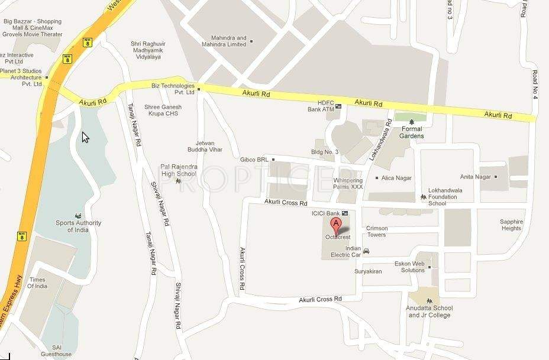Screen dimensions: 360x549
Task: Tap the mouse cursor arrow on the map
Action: coord(85,137)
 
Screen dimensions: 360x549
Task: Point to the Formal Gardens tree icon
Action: coord(411,122)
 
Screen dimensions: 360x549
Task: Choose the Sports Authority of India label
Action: coord(78,226)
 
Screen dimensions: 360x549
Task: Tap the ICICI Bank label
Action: coord(325,213)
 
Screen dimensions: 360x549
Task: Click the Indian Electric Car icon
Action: coord(366,251)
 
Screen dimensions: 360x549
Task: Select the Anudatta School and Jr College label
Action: coord(430,312)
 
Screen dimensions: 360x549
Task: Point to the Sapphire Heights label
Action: coord(511,225)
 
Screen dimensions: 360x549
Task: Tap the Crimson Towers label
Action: coord(377,231)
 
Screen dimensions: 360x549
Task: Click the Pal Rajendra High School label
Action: coord(178,170)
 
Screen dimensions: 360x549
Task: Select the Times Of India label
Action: coord(37,283)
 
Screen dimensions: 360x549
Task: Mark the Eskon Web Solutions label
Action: coord(409,267)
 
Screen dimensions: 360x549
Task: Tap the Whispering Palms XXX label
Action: coord(348,183)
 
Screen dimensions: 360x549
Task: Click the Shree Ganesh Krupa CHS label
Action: coord(163,110)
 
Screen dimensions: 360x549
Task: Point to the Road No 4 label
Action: coord(535,85)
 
